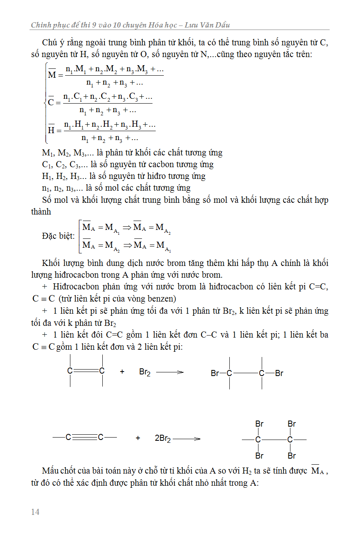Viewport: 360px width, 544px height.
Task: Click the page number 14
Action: click(35, 512)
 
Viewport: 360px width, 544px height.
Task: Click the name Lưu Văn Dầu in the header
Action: click(207, 25)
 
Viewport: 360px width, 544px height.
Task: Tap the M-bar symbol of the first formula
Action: click(52, 74)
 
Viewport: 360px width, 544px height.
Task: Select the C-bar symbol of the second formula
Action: click(51, 102)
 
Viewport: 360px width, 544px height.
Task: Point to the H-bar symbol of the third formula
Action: click(51, 130)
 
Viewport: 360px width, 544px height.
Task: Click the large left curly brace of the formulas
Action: click(46, 103)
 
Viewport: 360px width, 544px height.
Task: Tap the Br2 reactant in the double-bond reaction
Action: click(145, 372)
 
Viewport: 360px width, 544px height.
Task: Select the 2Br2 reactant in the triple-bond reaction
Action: click(163, 438)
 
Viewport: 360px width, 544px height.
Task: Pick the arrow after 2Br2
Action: click(186, 438)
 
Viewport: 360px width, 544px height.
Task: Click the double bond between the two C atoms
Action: click(86, 371)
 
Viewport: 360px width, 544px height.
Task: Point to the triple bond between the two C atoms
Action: click(85, 437)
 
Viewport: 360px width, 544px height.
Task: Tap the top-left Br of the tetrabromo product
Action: click(259, 424)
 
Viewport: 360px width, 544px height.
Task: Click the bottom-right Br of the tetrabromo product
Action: click(292, 456)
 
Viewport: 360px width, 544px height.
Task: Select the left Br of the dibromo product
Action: click(215, 373)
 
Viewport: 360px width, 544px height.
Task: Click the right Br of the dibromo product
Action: click(279, 373)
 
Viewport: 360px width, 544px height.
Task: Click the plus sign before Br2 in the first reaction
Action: click(122, 372)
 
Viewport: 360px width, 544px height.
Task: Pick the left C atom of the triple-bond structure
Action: click(68, 437)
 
